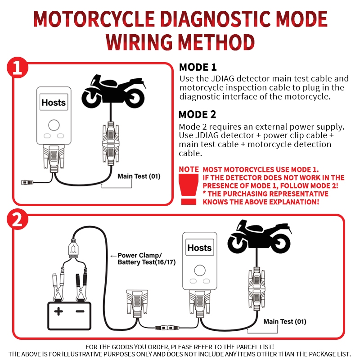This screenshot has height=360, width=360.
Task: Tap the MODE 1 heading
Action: click(198, 67)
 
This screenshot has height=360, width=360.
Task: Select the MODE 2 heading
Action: click(198, 114)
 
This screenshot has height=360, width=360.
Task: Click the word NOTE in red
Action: click(189, 170)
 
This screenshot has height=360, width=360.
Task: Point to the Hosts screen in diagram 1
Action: click(54, 103)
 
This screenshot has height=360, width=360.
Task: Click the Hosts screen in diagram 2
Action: click(199, 247)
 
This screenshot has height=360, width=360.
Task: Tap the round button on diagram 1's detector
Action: click(54, 125)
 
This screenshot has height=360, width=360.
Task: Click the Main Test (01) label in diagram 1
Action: click(139, 176)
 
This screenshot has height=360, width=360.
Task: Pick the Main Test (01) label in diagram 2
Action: click(285, 321)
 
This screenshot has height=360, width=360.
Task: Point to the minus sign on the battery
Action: click(80, 311)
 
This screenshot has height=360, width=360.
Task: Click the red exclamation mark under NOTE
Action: click(188, 189)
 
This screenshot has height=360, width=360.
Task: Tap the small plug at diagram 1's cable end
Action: click(27, 182)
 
